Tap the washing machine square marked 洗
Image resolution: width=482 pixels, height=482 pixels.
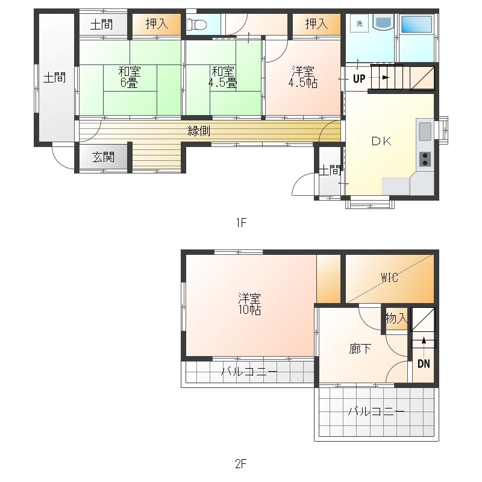point(359,23)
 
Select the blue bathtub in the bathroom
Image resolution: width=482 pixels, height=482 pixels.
point(417,25)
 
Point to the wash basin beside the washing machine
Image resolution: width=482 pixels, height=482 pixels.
point(383,22)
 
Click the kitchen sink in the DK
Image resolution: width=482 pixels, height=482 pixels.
point(424,130)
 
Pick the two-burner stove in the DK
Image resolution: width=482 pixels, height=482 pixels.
point(425,158)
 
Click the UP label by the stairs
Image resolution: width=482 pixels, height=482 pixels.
point(359,78)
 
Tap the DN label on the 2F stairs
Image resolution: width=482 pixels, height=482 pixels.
point(424,364)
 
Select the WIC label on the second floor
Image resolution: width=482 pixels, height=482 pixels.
point(389,278)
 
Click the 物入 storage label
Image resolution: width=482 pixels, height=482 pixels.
point(396,318)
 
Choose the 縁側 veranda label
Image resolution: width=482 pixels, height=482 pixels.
point(198,130)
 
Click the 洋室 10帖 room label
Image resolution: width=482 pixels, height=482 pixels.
point(249,304)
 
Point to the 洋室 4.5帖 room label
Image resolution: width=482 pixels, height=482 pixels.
point(304,77)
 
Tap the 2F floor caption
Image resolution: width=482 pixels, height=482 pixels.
point(241,464)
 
